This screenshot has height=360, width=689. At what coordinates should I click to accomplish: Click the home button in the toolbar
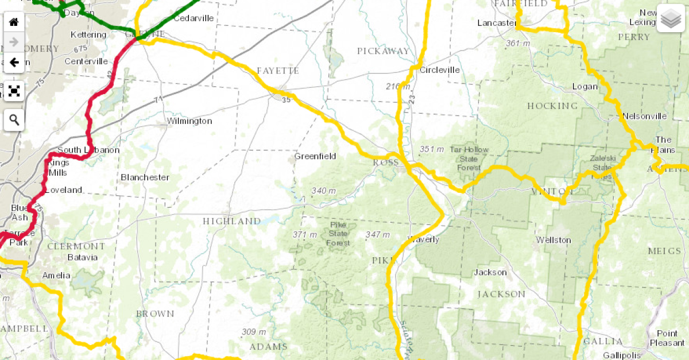pos(14,22)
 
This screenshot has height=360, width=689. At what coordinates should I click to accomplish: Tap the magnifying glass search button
pos(14,120)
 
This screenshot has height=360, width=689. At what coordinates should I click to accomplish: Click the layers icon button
pos(670,19)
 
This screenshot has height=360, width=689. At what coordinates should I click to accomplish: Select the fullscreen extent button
pos(14,91)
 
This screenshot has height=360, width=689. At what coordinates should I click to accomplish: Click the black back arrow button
pos(14,62)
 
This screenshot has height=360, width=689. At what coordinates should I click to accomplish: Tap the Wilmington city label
pos(189,121)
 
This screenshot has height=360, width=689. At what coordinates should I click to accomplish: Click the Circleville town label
pos(440,70)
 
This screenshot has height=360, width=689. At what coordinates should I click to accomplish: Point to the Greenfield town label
pos(315,156)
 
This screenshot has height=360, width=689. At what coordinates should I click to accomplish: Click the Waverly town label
pos(423,239)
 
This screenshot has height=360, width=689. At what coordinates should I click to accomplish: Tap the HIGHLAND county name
pos(231,221)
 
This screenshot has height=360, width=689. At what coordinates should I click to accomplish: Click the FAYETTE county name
pos(278,71)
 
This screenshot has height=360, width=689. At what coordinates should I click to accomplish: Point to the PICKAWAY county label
pos(384,51)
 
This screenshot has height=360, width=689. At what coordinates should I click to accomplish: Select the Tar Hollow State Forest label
pos(470,158)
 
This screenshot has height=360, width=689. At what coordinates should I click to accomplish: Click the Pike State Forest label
pos(339,234)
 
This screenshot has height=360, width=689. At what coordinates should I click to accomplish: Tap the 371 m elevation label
pos(304,234)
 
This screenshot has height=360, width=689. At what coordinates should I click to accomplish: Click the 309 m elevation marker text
pos(254,332)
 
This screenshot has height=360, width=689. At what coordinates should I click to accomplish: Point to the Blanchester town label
pos(145,177)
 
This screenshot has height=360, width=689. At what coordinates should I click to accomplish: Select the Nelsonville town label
pos(644,116)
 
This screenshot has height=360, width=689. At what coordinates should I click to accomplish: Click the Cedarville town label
pos(193,18)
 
